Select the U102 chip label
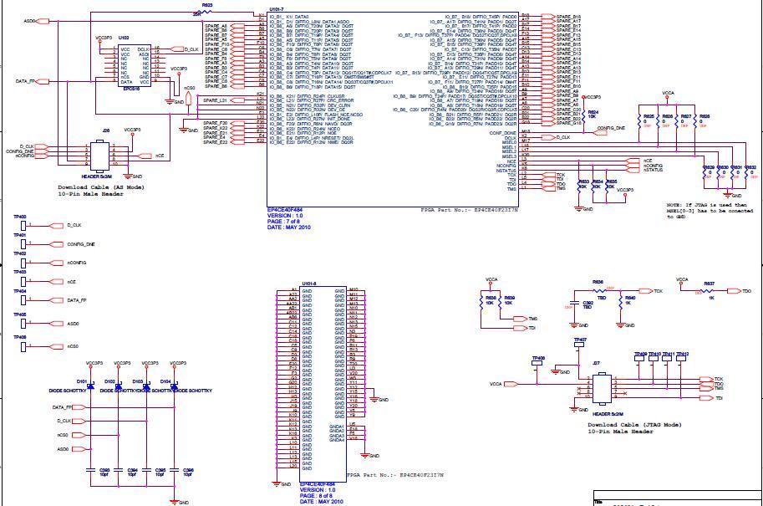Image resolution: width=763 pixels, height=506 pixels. (x=124, y=38)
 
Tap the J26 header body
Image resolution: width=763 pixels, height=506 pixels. (x=106, y=156)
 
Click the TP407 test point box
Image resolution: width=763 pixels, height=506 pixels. (x=580, y=345)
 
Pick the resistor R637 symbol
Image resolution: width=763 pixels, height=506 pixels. (x=710, y=291)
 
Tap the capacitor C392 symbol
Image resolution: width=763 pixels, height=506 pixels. (x=574, y=304)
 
